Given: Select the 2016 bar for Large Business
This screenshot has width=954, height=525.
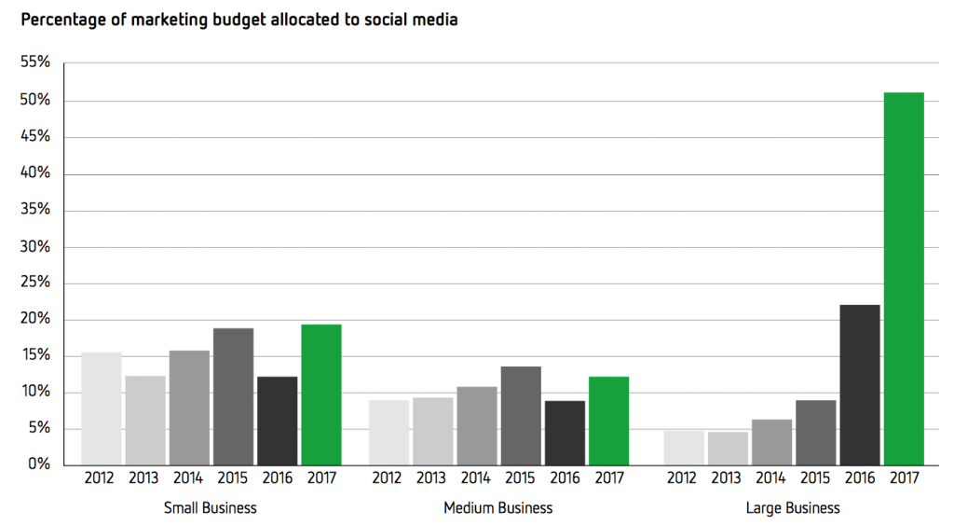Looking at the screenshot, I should click(859, 384).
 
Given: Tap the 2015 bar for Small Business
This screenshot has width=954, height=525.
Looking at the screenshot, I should click(233, 396).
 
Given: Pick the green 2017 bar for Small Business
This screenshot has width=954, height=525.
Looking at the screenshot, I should click(321, 394).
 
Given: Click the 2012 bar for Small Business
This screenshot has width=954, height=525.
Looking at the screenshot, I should click(101, 408).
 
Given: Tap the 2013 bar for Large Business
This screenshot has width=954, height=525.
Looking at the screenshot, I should click(727, 449).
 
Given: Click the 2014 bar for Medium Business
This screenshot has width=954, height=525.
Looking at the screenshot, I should click(476, 425).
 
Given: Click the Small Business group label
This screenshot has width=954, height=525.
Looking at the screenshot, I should click(210, 508).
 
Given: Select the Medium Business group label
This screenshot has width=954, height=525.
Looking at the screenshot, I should click(498, 508).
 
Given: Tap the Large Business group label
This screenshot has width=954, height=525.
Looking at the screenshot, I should click(793, 508).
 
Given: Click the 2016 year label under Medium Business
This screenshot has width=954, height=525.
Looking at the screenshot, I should click(565, 479).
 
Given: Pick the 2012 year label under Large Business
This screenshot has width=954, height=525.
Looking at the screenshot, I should click(683, 479).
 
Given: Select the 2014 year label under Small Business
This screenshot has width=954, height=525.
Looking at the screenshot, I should click(188, 479).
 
